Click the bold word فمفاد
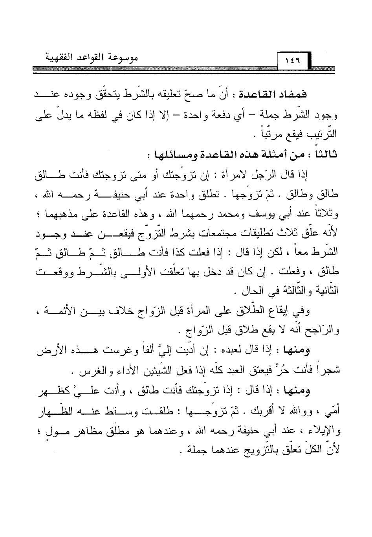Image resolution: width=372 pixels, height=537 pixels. click(x=320, y=96)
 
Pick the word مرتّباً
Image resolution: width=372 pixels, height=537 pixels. click(x=272, y=136)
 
